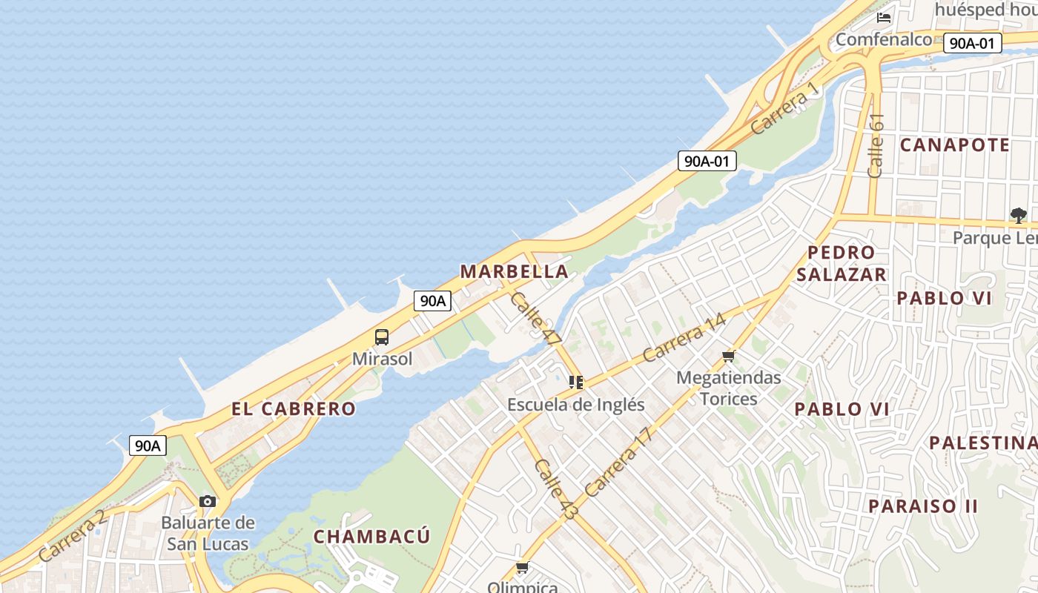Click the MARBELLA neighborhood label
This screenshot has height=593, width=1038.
click(515, 271)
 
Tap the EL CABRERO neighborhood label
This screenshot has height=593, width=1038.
click(294, 408)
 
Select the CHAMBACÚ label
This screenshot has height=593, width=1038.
click(371, 536)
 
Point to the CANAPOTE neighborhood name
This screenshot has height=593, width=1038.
click(955, 145)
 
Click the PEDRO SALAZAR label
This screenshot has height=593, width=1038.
click(842, 263)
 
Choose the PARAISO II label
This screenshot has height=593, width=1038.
click(923, 506)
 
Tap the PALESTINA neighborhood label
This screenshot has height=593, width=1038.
click(983, 443)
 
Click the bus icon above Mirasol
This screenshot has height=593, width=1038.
click(382, 337)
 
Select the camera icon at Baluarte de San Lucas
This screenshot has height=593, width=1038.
click(208, 501)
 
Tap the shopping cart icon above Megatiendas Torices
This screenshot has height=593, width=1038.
click(729, 357)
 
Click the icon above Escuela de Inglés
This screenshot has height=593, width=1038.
click(576, 382)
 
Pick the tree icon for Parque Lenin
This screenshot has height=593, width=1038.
click(1019, 216)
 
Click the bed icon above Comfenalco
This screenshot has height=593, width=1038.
click(884, 17)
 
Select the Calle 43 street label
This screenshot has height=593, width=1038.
click(555, 488)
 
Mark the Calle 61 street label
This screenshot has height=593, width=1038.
click(876, 145)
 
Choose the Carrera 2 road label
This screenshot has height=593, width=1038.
click(73, 535)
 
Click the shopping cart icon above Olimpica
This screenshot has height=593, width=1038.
click(523, 568)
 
